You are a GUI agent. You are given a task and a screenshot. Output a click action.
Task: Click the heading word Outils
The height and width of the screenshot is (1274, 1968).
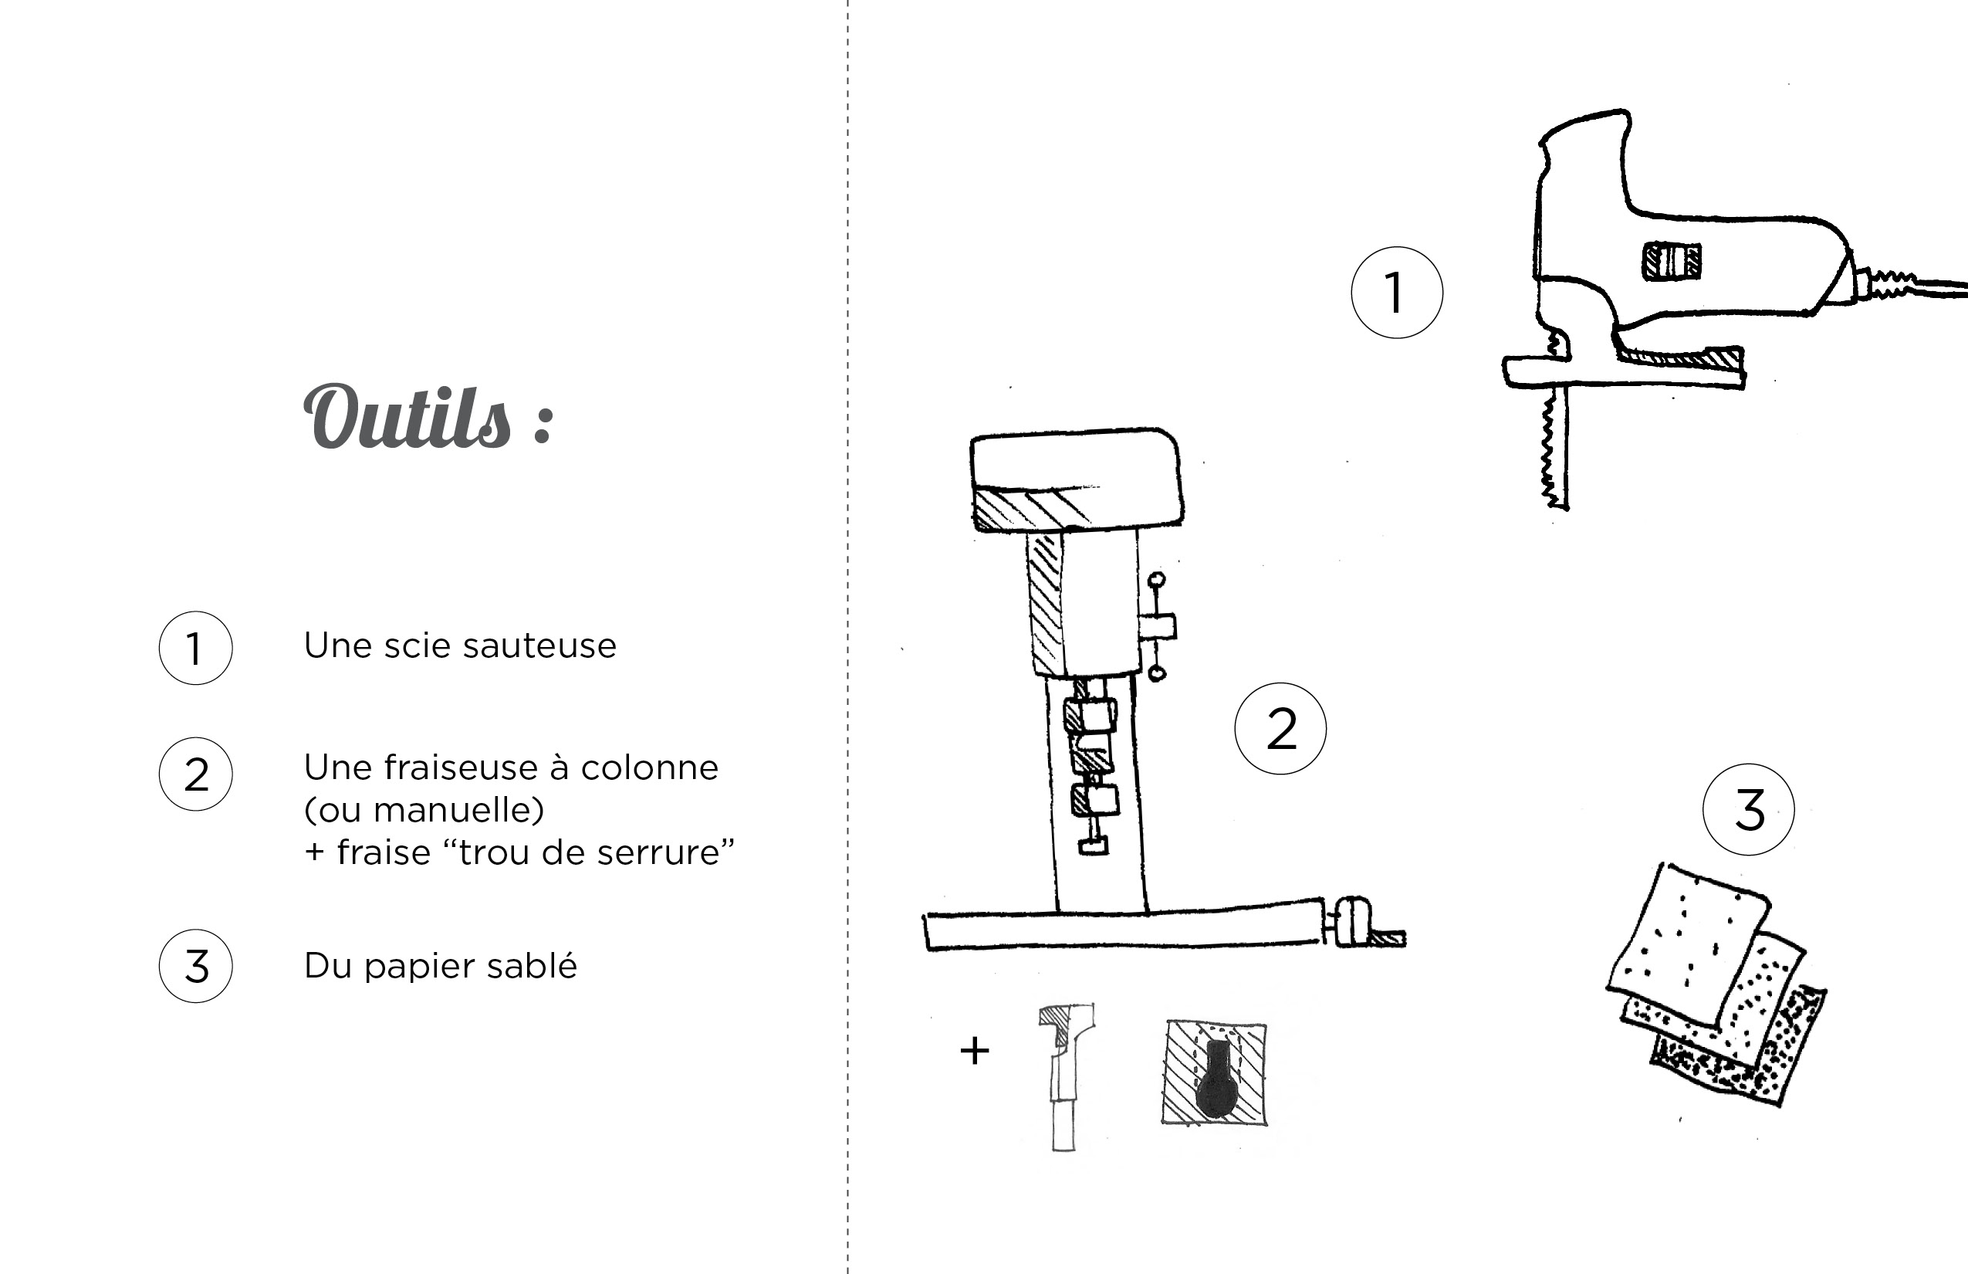coord(407,418)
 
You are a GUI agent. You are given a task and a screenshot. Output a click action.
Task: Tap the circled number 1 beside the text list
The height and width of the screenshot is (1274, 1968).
coord(195,648)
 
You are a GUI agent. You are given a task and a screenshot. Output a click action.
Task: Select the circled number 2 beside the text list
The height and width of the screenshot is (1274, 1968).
coord(195,774)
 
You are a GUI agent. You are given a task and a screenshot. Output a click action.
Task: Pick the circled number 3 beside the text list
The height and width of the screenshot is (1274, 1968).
coord(195,966)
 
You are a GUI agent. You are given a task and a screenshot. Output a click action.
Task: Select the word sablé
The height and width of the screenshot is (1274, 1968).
coord(539,965)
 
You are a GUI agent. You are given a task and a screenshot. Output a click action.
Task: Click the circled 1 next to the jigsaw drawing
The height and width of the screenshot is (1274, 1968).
coord(1397,292)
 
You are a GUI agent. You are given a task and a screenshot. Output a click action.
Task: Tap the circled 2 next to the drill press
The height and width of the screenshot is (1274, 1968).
coord(1280,729)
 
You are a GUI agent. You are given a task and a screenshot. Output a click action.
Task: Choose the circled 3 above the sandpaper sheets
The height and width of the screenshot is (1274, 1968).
coord(1748,809)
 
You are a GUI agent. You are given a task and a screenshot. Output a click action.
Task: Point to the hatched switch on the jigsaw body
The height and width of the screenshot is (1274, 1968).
coord(1670,262)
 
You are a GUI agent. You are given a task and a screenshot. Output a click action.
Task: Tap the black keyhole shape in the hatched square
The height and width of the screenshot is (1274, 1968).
coord(1214,1079)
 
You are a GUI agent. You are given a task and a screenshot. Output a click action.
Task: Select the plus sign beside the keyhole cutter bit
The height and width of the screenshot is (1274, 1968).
coord(974,1051)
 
